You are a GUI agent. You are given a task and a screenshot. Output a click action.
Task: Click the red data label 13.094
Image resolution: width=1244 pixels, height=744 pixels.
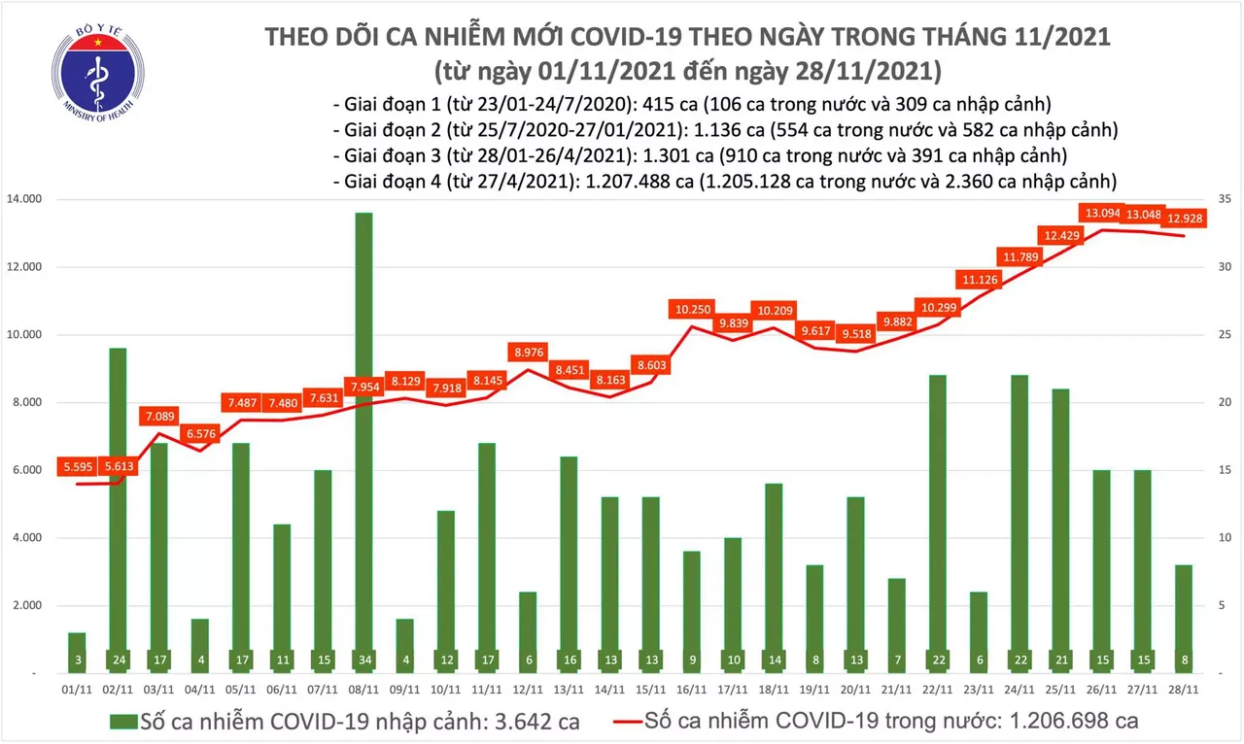pos(1103,214)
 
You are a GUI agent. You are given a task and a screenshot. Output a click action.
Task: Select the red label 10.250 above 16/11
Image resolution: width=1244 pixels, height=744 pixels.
pos(691,310)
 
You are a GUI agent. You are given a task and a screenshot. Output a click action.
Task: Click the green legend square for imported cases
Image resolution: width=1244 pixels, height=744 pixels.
pos(122,723)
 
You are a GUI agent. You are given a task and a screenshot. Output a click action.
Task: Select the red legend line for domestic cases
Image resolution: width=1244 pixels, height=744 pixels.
pos(637,723)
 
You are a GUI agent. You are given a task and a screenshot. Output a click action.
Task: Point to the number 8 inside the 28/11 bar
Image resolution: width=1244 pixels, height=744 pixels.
pos(1184,659)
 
